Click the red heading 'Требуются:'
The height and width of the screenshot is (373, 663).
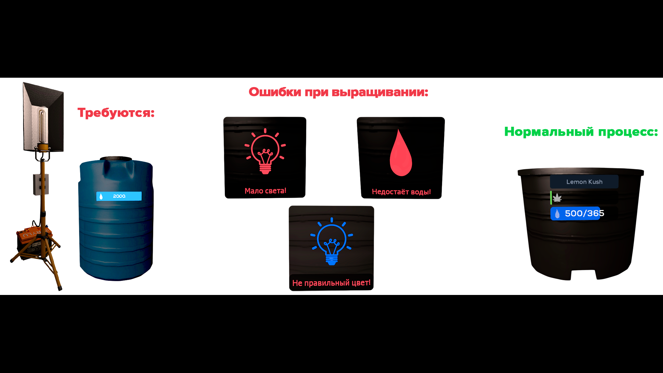[x=116, y=113]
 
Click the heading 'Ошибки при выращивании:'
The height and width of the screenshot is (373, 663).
[x=338, y=92]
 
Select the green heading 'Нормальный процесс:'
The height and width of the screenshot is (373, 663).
[x=581, y=132]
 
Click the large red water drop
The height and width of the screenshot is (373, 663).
[x=401, y=154]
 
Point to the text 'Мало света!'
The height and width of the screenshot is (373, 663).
[x=265, y=191]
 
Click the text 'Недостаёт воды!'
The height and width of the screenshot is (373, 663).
[x=401, y=192]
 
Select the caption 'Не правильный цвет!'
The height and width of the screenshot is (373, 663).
[x=331, y=283]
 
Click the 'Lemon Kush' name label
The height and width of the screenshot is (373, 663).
[x=584, y=182]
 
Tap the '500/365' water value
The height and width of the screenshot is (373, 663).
[x=584, y=213]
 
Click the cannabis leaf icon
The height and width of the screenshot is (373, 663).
[x=557, y=198]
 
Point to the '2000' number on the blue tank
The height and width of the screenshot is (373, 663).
[x=119, y=196]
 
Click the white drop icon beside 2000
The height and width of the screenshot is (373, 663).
[x=101, y=197]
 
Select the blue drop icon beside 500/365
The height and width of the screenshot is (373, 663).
[x=557, y=214]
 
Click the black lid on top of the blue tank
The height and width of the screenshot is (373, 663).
[x=116, y=158]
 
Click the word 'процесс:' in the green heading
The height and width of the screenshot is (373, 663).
[x=628, y=132]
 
